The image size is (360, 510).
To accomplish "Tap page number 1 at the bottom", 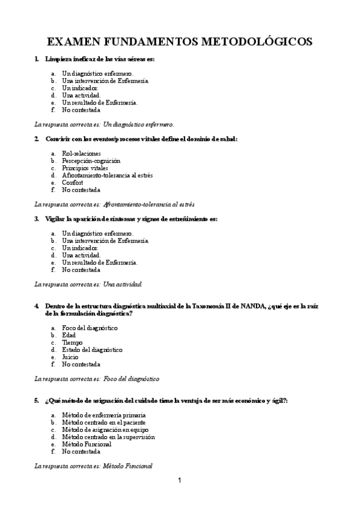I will coord(180,480).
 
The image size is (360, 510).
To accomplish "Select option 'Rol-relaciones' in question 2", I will coord(81,153).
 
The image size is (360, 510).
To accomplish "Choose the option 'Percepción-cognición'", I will coord(91,161).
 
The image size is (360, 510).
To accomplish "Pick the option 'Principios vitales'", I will coord(85,168).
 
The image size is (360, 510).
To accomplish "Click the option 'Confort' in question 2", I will coord(72,182).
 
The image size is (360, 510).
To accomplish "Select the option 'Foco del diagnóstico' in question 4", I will coord(90,328).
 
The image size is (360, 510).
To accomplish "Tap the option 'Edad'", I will coord(69,335).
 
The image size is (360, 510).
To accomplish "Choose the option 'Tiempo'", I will coord(72,342).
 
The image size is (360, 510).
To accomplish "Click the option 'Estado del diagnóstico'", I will coord(92,349).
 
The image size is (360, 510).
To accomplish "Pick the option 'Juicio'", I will coord(70,357).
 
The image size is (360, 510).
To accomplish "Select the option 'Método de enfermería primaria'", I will coord(103,415).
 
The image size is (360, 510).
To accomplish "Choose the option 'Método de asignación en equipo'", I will coord(105,429).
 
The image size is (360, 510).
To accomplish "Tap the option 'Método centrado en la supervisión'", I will coord(108,437).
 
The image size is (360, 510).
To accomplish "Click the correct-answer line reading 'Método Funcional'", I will coord(127,465).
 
